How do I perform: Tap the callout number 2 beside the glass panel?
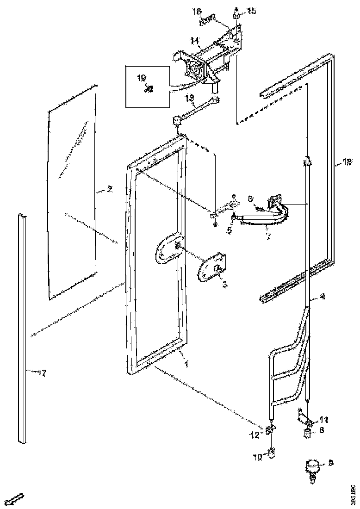tap(110, 189)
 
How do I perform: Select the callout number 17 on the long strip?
tap(42, 373)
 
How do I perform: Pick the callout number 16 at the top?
tap(197, 11)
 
